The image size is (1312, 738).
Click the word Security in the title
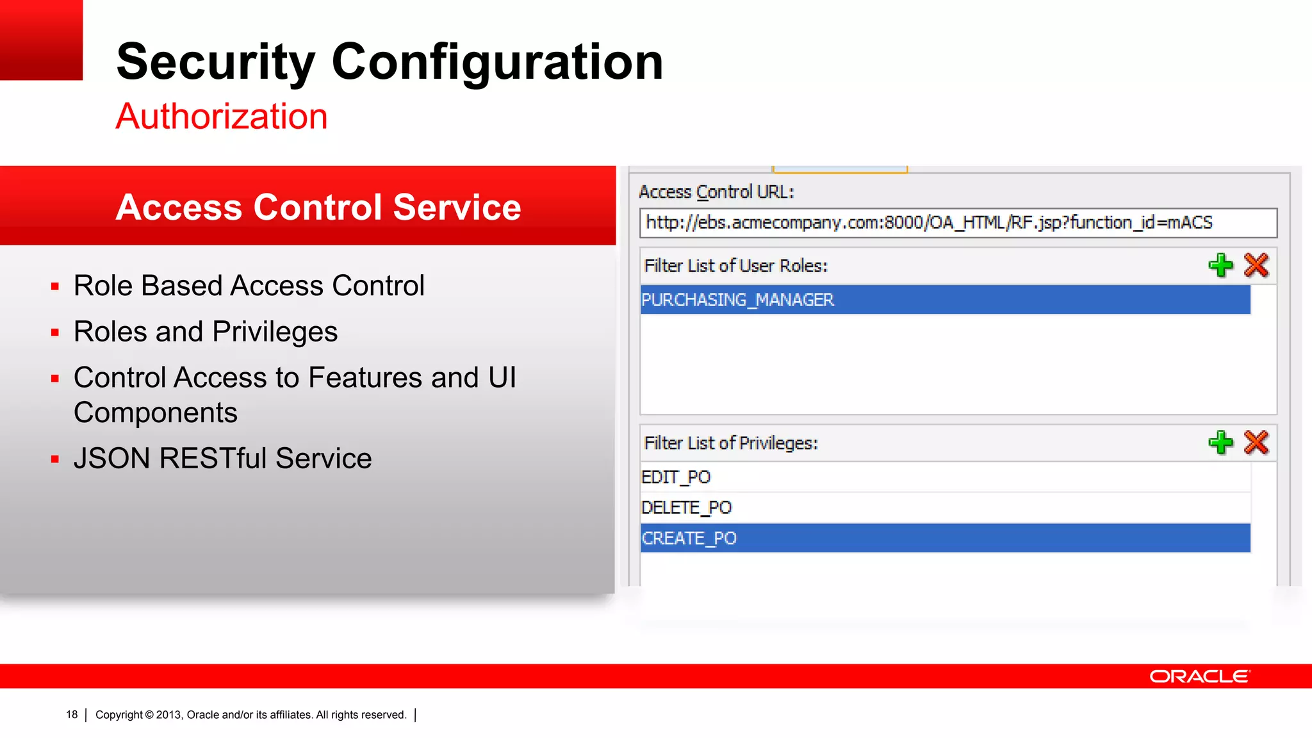tap(215, 62)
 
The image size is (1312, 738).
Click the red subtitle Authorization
tap(222, 117)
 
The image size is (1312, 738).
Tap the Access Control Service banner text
tap(318, 207)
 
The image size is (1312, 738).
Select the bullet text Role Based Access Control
tap(249, 286)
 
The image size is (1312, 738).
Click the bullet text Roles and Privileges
tap(205, 332)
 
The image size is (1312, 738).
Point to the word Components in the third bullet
tap(155, 413)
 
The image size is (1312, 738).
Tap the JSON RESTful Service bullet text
tap(222, 459)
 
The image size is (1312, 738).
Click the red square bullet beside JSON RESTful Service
tap(55, 459)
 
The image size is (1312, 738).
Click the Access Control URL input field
tap(957, 223)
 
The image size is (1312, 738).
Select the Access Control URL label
tap(716, 192)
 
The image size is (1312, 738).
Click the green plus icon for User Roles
tap(1220, 265)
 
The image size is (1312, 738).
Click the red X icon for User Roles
tap(1256, 265)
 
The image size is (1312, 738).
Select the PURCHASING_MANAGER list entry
tap(737, 300)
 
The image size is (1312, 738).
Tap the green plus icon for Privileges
tap(1220, 443)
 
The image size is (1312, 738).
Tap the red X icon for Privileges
tap(1256, 443)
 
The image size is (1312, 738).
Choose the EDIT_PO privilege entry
tap(676, 477)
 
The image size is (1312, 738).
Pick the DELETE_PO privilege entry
tap(686, 508)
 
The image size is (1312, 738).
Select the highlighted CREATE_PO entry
tap(689, 538)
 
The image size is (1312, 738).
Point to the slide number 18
tap(72, 715)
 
